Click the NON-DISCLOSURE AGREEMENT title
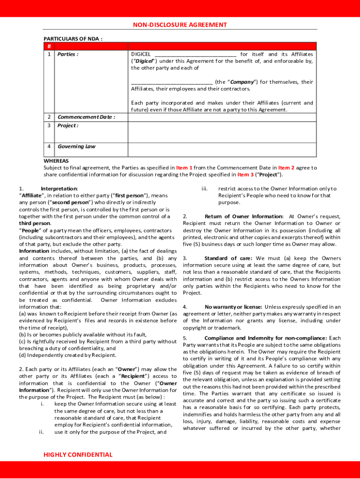click(180, 25)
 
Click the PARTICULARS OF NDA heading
click(73, 38)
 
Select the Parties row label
click(68, 54)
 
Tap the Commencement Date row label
click(86, 116)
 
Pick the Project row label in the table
click(68, 125)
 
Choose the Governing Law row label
click(76, 146)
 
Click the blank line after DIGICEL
click(195, 54)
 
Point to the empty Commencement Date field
click(222, 116)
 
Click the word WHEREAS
click(56, 161)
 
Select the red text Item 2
click(286, 167)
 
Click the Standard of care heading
click(228, 258)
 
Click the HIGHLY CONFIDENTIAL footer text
click(78, 455)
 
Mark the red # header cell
click(49, 46)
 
